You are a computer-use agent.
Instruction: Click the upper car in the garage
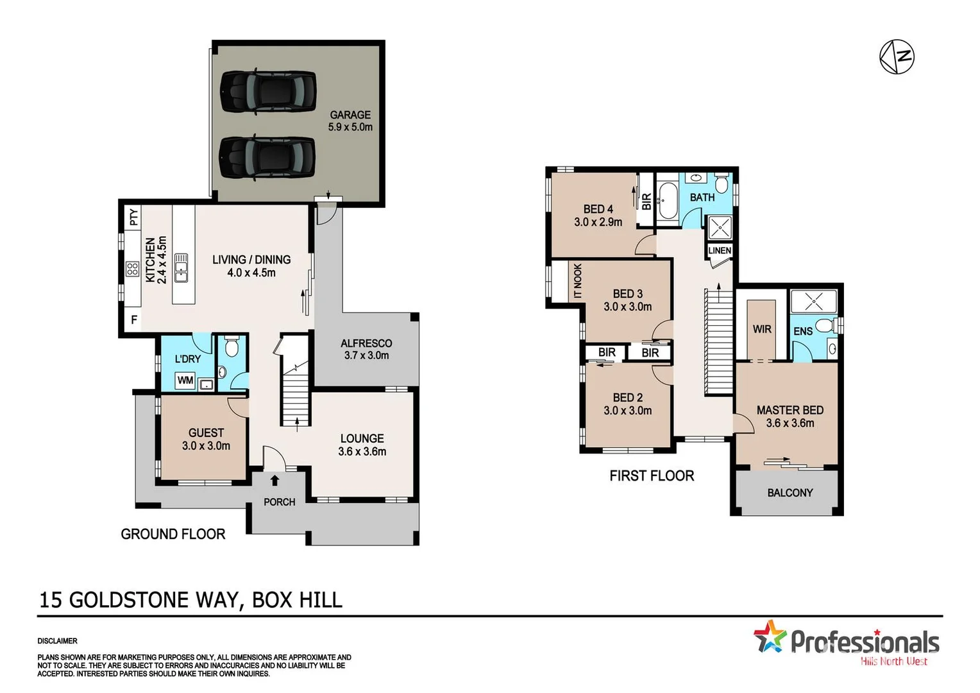pyautogui.click(x=268, y=92)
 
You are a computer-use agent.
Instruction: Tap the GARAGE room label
pyautogui.click(x=350, y=115)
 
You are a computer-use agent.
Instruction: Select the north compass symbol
pyautogui.click(x=896, y=56)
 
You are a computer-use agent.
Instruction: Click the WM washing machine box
pyautogui.click(x=185, y=381)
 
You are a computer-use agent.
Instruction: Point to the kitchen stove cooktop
pyautogui.click(x=132, y=269)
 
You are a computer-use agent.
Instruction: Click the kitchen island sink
pyautogui.click(x=182, y=268)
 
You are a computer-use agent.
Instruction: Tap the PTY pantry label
pyautogui.click(x=133, y=217)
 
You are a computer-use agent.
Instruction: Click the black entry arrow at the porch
pyautogui.click(x=275, y=480)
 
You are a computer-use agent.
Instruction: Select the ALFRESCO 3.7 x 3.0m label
pyautogui.click(x=366, y=349)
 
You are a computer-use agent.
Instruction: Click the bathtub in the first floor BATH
pyautogui.click(x=668, y=201)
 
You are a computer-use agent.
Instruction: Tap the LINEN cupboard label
pyautogui.click(x=720, y=250)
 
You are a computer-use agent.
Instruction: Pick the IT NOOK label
pyautogui.click(x=578, y=281)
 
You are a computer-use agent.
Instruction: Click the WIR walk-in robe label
pyautogui.click(x=762, y=329)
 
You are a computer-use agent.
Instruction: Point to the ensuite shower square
pyautogui.click(x=813, y=302)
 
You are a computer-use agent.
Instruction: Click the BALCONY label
pyautogui.click(x=790, y=493)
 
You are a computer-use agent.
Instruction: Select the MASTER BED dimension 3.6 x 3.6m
pyautogui.click(x=790, y=424)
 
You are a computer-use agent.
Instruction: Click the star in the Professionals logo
pyautogui.click(x=770, y=637)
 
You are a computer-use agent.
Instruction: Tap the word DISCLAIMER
pyautogui.click(x=58, y=641)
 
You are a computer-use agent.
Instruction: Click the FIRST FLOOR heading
pyautogui.click(x=652, y=475)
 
